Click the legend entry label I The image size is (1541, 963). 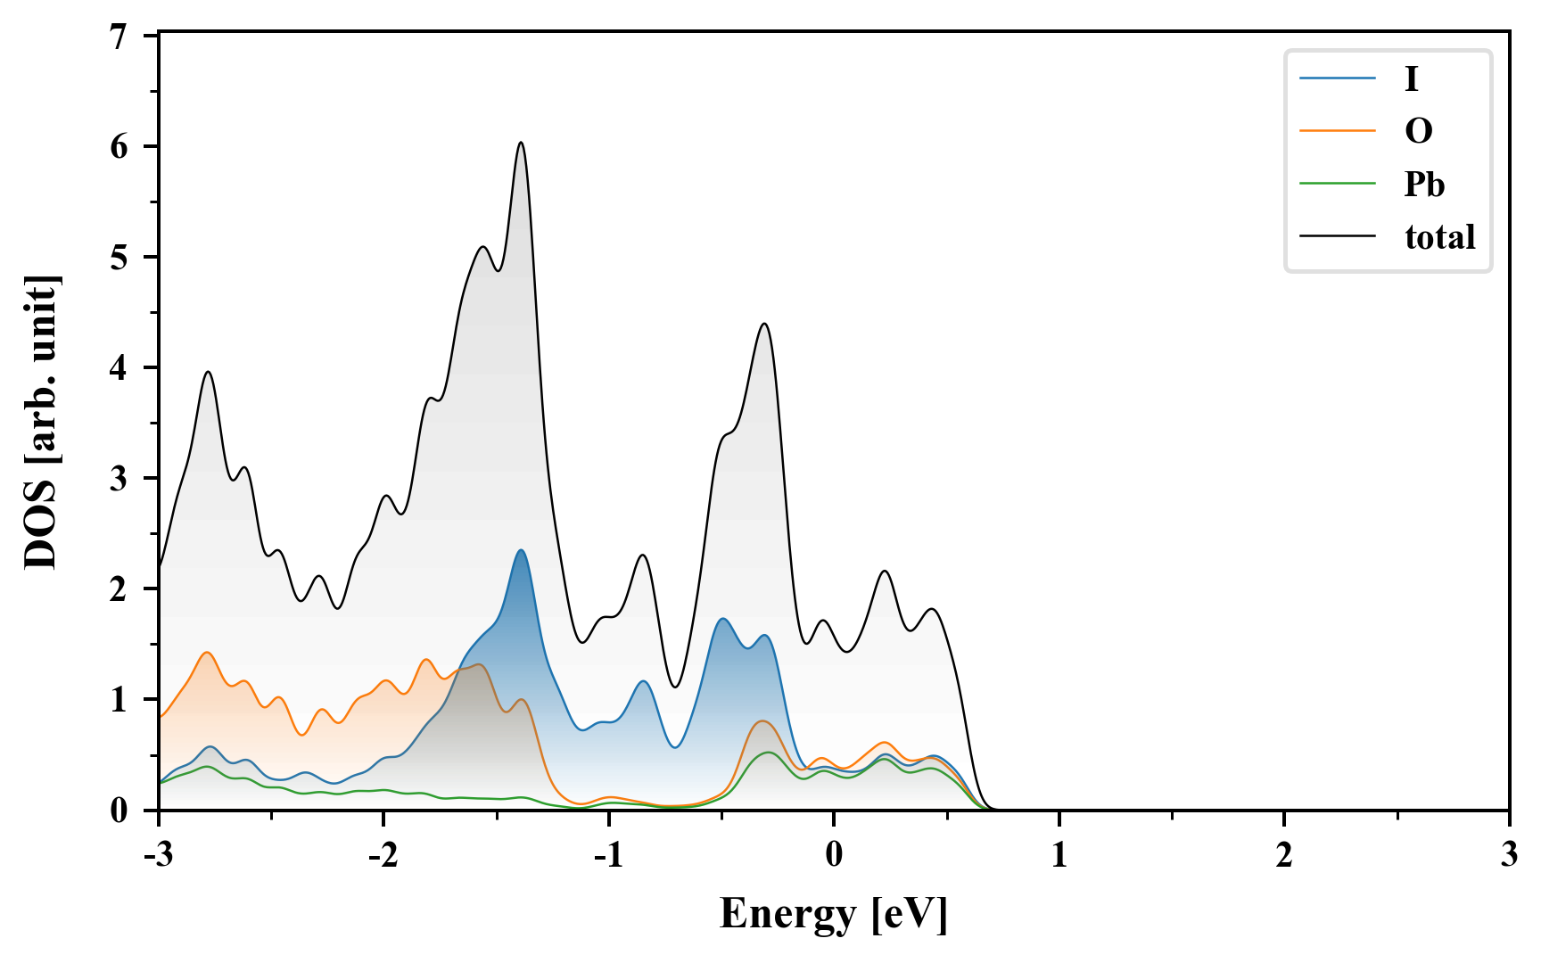(x=1411, y=79)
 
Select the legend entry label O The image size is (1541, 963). (x=1418, y=131)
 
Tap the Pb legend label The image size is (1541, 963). (x=1424, y=184)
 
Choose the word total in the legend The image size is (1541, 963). (x=1439, y=236)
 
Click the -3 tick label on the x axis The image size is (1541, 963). (x=159, y=854)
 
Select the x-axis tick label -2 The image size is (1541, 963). (x=383, y=854)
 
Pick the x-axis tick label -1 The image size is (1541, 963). (x=608, y=854)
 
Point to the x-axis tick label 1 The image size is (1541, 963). (x=1059, y=854)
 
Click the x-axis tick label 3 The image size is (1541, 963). (x=1508, y=854)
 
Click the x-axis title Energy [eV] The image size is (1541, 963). (x=834, y=913)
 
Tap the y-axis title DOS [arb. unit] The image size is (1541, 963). (x=41, y=423)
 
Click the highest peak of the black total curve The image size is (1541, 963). (x=521, y=143)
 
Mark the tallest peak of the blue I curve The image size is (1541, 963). (x=521, y=550)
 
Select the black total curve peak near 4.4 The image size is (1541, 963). (x=764, y=324)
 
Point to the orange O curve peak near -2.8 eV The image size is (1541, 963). (x=207, y=653)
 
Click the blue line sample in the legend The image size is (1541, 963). (x=1337, y=79)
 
